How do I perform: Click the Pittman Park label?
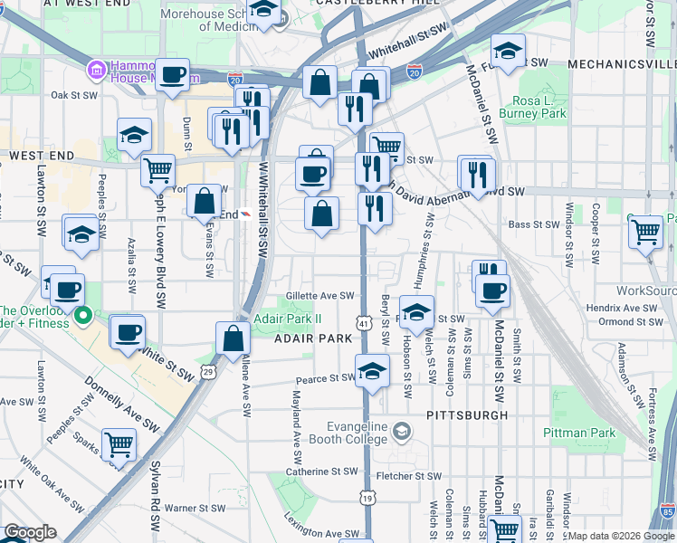point(580,433)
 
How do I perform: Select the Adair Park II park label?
point(288,319)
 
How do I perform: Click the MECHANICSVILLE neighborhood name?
point(621,64)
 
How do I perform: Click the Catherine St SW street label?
point(321,472)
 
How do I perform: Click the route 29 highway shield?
point(208,371)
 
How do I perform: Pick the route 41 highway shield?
point(363,323)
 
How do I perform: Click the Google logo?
point(30,532)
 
